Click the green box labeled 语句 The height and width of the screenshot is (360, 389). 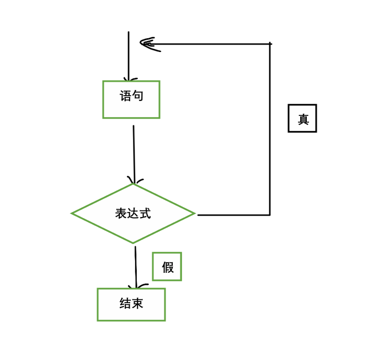[x=131, y=99]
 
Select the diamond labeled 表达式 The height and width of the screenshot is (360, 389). [x=133, y=213]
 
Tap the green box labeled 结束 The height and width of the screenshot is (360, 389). [x=131, y=304]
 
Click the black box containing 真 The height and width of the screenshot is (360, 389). [x=302, y=118]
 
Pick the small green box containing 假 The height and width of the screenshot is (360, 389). [x=167, y=267]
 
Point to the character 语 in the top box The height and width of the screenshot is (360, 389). [x=126, y=96]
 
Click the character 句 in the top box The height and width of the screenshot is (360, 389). [x=138, y=96]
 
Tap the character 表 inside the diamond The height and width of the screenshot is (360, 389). [x=121, y=213]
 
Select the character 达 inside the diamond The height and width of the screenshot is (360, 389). [x=133, y=213]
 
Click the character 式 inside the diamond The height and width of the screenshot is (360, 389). [x=145, y=213]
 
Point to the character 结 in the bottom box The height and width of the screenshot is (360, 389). [x=125, y=303]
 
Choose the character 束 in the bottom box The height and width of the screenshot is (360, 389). [x=137, y=303]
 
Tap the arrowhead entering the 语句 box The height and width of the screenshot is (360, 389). [x=129, y=79]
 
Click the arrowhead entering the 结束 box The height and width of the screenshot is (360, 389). [x=136, y=286]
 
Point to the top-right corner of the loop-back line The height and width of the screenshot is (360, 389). [x=270, y=44]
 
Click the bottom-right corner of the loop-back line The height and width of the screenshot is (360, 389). [x=270, y=214]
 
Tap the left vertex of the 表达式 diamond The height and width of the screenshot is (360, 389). [x=72, y=213]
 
